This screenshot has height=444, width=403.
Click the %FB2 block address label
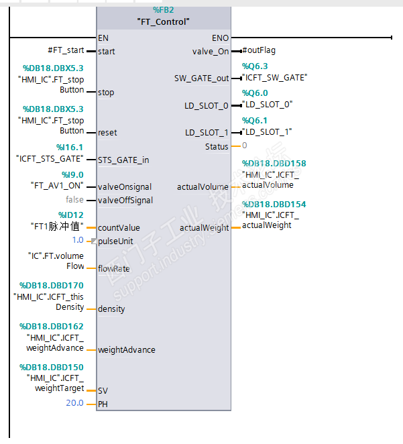164,10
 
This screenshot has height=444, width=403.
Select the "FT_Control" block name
164,21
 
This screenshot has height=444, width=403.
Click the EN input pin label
103,38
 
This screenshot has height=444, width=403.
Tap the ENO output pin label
220,38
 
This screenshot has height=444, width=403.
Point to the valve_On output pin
211,51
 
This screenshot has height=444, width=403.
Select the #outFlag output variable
259,50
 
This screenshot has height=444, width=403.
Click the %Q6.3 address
255,66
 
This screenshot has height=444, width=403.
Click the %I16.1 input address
70,148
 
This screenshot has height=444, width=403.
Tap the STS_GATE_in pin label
123,160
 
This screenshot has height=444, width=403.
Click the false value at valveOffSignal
74,200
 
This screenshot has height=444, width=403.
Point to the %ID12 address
70,215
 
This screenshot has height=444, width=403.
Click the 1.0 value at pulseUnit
78,240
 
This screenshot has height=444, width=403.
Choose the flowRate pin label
113,269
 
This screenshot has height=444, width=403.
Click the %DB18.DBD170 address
52,285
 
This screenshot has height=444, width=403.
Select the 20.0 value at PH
74,403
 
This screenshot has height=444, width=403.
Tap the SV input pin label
103,390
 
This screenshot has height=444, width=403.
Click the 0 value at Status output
244,146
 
